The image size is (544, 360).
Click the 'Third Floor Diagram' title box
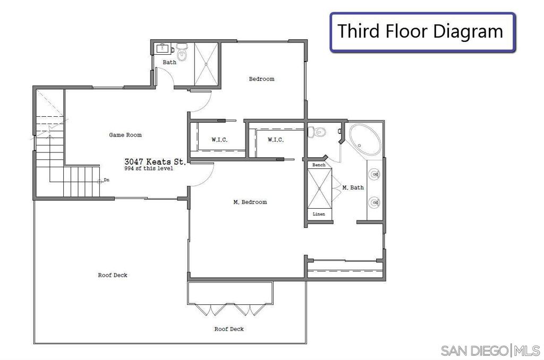click(x=422, y=32)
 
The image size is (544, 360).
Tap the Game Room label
click(x=125, y=135)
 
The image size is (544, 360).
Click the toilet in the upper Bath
click(x=182, y=52)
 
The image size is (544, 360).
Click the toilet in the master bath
click(x=317, y=132)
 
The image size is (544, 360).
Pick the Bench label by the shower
click(x=319, y=165)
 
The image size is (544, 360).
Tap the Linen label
click(x=319, y=214)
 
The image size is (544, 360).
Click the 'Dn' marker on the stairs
click(x=106, y=180)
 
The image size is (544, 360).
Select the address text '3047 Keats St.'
click(x=155, y=161)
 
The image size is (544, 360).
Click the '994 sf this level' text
click(x=149, y=168)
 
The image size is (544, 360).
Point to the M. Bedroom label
click(x=250, y=202)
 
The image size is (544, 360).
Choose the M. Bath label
click(x=353, y=187)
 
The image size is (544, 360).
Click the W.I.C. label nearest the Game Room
click(x=219, y=140)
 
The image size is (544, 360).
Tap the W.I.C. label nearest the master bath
click(x=276, y=140)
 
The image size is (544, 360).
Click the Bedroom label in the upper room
click(x=261, y=79)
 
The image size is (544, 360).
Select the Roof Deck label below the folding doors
click(x=229, y=329)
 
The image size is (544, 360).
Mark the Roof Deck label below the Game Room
click(x=113, y=275)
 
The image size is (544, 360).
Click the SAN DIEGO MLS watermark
click(x=490, y=350)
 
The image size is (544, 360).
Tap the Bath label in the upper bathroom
click(x=169, y=62)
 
